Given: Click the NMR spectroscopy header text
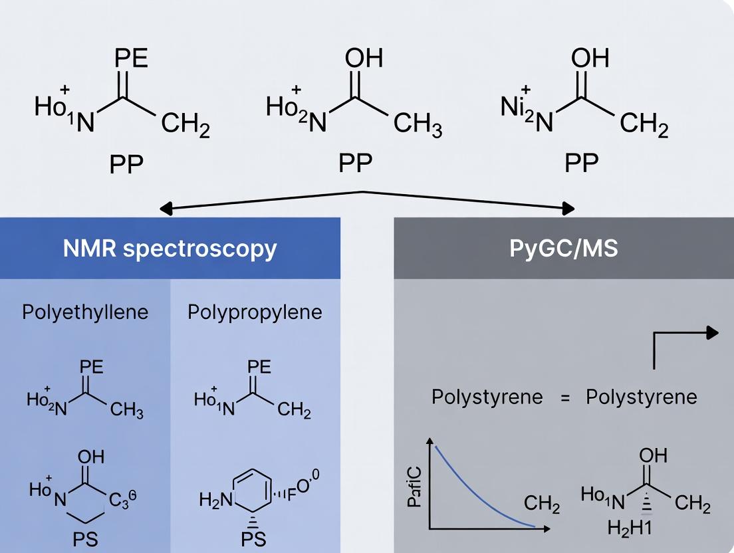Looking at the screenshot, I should (170, 248).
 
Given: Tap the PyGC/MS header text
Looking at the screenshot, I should (564, 248).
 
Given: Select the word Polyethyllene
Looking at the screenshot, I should (86, 312).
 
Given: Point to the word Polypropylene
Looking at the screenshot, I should (255, 312).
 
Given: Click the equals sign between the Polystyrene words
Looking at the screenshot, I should (564, 397).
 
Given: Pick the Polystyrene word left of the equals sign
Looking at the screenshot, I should (487, 397).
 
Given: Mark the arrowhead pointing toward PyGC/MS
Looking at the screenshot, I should (568, 209).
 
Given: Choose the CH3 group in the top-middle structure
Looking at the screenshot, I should (418, 125).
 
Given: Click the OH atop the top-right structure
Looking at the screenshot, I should (590, 58).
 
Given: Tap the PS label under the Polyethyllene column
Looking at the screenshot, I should (85, 538).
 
